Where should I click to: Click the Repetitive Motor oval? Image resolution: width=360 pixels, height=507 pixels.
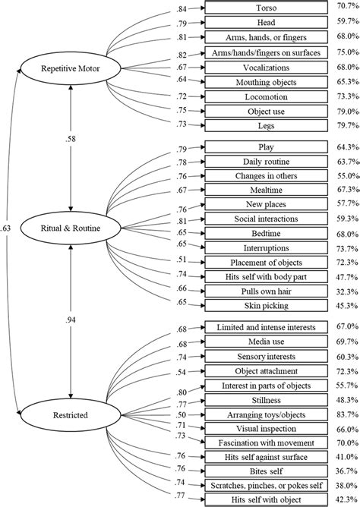coord(71,69)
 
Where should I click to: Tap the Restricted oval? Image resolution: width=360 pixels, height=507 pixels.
coord(71,415)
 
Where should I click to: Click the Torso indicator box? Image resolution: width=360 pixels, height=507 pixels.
coord(261,10)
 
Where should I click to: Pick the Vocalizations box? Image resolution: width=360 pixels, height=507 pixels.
coord(261,67)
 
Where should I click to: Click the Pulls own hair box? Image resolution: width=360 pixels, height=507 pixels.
coord(261,291)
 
